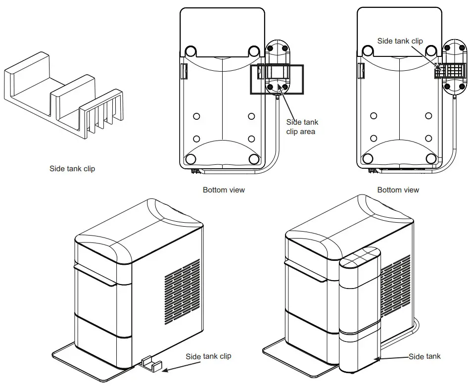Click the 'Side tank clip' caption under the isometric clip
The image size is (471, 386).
pyautogui.click(x=72, y=169)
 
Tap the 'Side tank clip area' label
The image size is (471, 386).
pyautogui.click(x=302, y=127)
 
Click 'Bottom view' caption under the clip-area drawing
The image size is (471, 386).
pyautogui.click(x=224, y=190)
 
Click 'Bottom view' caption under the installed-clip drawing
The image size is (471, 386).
pyautogui.click(x=398, y=190)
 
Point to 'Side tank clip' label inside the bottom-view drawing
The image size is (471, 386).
pyautogui.click(x=400, y=41)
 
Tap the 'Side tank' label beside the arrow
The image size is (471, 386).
pyautogui.click(x=424, y=356)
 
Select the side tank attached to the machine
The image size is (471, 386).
pyautogui.click(x=360, y=312)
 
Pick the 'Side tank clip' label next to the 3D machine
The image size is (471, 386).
pyautogui.click(x=208, y=356)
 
